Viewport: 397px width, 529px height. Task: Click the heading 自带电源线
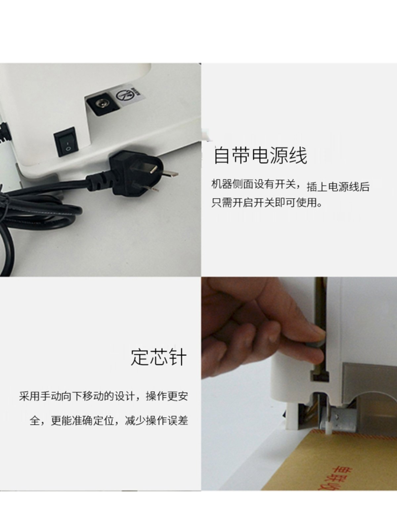point(260,155)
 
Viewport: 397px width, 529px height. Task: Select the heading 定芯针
point(159,357)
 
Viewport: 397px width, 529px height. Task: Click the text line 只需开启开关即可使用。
point(267,202)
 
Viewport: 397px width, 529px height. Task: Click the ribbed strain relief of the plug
point(99,183)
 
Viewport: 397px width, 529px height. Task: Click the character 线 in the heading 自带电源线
point(298,155)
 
